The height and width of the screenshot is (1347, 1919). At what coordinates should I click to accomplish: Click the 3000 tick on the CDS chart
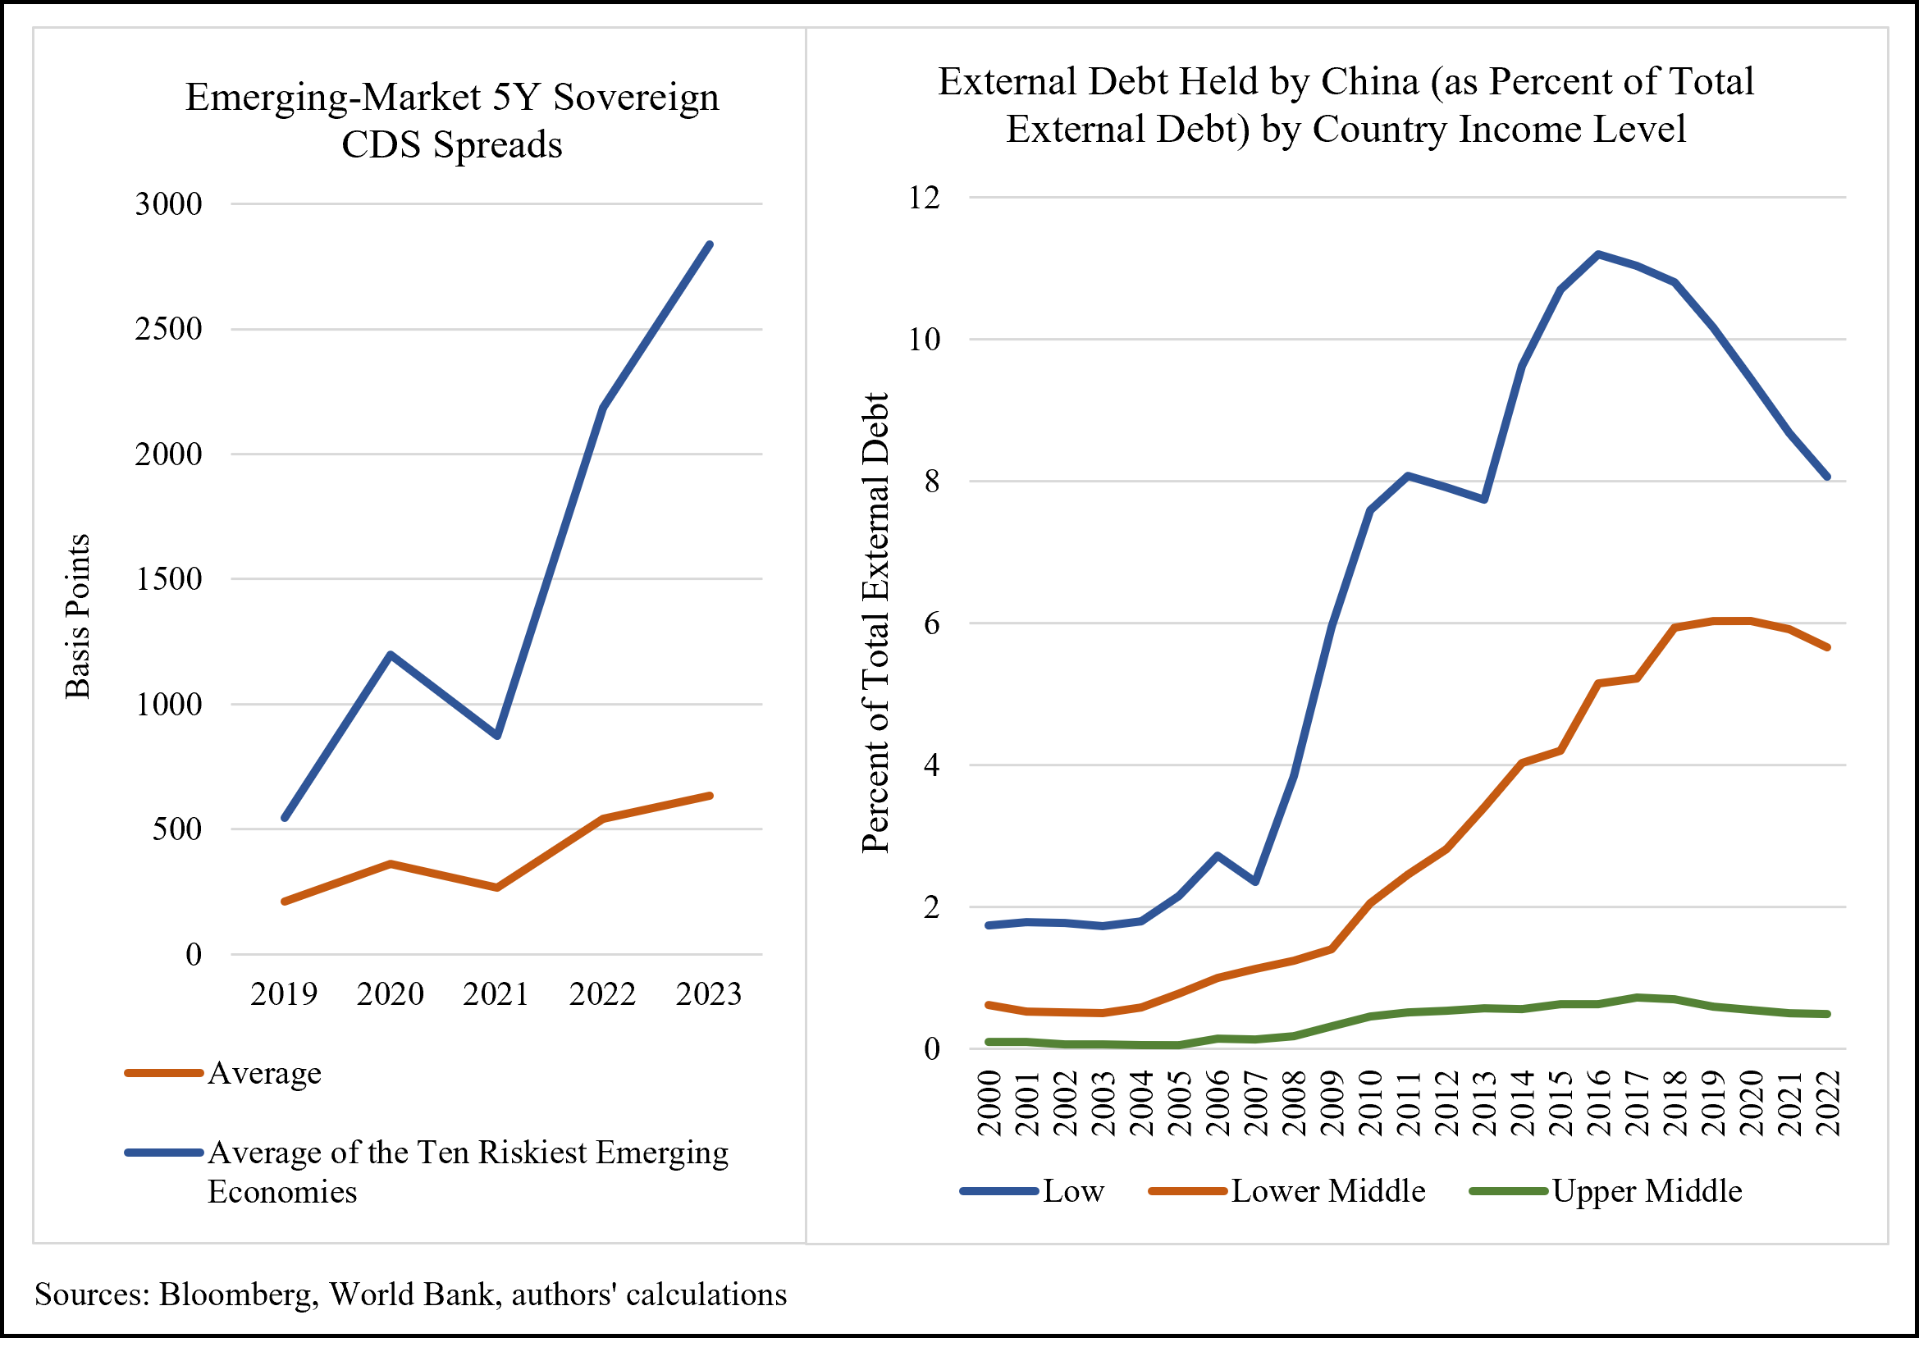click(x=169, y=204)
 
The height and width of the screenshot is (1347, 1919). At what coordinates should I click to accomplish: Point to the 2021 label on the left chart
click(x=496, y=994)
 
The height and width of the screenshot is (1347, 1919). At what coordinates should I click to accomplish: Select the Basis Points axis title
click(x=77, y=616)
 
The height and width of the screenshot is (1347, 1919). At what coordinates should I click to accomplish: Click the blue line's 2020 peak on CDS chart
click(x=391, y=655)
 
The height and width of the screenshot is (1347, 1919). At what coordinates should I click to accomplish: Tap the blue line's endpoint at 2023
click(x=710, y=244)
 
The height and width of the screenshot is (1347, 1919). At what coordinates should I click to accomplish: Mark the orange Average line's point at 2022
click(x=603, y=818)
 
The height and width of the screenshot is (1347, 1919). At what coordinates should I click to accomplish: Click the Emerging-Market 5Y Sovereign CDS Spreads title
click(x=451, y=121)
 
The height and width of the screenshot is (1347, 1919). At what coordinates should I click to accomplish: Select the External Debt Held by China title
click(x=1345, y=105)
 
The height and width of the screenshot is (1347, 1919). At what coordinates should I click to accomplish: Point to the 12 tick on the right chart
click(x=924, y=198)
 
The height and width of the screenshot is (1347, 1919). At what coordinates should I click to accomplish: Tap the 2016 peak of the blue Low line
click(x=1597, y=254)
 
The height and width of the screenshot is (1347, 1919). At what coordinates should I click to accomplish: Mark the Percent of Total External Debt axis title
click(x=875, y=623)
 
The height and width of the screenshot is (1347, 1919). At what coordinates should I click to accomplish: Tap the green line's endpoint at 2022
click(x=1827, y=1015)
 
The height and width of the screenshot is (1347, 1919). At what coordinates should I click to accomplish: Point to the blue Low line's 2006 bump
click(x=1217, y=856)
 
